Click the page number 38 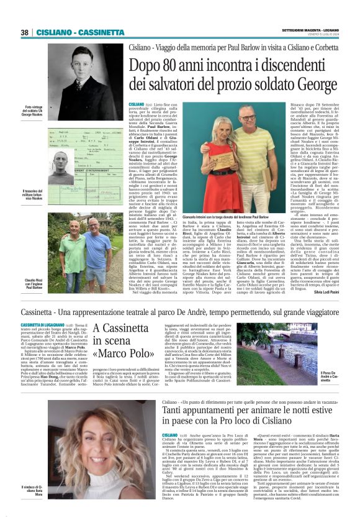click(25, 32)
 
